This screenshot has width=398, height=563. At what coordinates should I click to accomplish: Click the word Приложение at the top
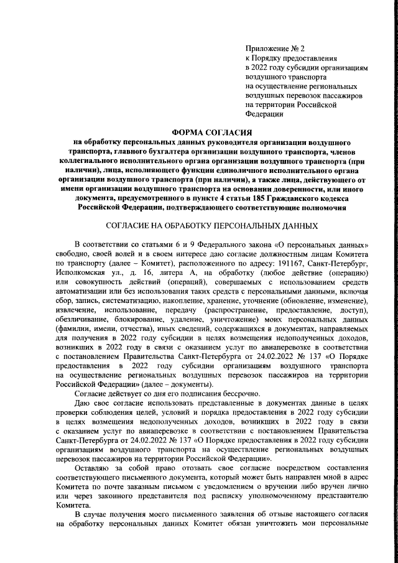click(266, 48)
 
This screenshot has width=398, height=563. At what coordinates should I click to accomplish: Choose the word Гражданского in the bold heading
click(269, 198)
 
